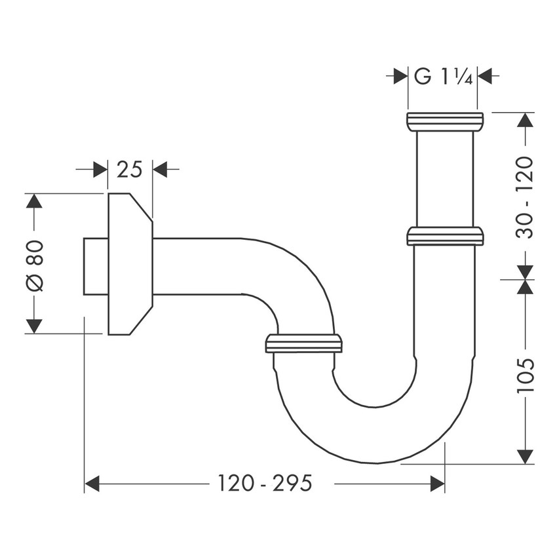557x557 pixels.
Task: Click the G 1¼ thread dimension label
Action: coord(442,76)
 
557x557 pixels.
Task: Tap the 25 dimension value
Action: coord(130,170)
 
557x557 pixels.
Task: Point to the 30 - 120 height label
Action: coord(526,197)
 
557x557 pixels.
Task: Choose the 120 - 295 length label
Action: coord(265,484)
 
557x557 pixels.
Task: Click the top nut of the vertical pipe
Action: coord(445,121)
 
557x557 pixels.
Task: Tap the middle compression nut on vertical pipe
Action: coord(445,236)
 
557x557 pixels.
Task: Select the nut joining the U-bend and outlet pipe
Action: coord(304,343)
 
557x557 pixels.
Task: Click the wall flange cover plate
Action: coord(129,263)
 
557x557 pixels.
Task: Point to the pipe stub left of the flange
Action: coord(95,265)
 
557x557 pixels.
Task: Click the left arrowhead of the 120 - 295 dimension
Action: coord(92,484)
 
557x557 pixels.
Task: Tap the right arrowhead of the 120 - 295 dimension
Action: coord(436,484)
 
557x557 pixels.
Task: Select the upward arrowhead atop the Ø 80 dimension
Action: coord(34,201)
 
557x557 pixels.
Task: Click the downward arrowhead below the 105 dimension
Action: coord(526,456)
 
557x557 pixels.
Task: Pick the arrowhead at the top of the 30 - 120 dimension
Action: coord(526,121)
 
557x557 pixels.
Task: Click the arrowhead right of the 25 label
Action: coord(161,170)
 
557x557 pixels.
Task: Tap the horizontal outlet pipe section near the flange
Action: coord(197,265)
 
